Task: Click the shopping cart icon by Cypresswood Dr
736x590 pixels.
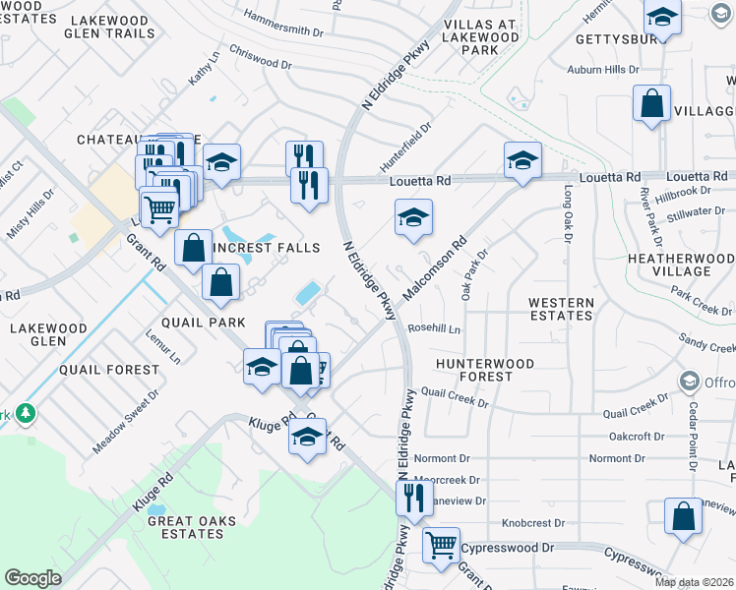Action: pos(442,543)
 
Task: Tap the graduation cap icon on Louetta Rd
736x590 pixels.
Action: pos(522,160)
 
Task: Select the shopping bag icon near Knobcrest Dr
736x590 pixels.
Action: pos(683,517)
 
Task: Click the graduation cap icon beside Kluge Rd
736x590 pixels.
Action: pos(308,437)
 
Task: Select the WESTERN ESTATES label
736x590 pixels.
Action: pos(560,310)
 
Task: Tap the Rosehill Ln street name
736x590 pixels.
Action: pos(434,329)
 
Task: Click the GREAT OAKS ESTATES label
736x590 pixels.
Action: pos(185,527)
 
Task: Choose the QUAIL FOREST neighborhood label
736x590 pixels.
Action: pos(108,370)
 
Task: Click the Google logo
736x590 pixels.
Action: pos(32,578)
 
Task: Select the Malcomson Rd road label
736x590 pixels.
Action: pos(434,268)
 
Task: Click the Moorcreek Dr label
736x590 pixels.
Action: pos(447,481)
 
